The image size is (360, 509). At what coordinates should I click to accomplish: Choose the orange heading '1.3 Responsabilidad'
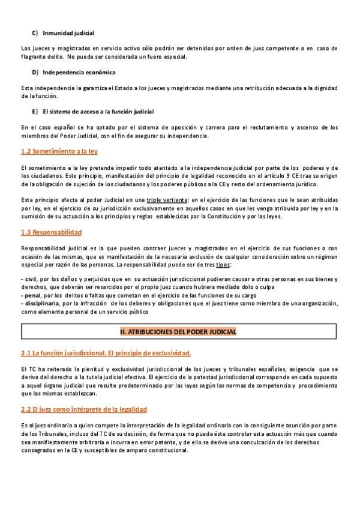tap(51, 232)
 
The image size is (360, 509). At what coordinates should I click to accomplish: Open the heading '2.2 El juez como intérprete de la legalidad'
tap(83, 409)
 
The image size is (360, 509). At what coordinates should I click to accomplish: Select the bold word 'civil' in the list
tap(30, 280)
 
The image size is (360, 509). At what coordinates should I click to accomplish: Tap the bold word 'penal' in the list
tap(31, 295)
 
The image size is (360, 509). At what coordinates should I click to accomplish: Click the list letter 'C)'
tap(35, 32)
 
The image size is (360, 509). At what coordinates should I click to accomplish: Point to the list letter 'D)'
tap(35, 73)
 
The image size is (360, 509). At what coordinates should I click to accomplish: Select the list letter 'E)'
tap(35, 112)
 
